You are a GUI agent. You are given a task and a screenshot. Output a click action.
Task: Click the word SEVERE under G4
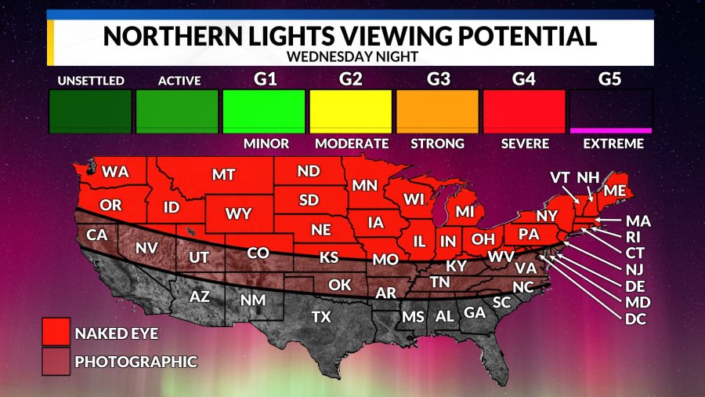coord(524,144)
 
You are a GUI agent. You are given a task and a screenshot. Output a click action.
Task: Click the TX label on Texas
coord(321,317)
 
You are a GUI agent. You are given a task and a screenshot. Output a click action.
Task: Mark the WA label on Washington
coord(115,171)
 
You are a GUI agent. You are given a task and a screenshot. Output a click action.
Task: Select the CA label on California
coord(96,234)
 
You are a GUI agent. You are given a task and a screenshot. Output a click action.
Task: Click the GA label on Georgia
coord(473,311)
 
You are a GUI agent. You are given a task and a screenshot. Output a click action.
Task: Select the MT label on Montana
coord(223,176)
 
